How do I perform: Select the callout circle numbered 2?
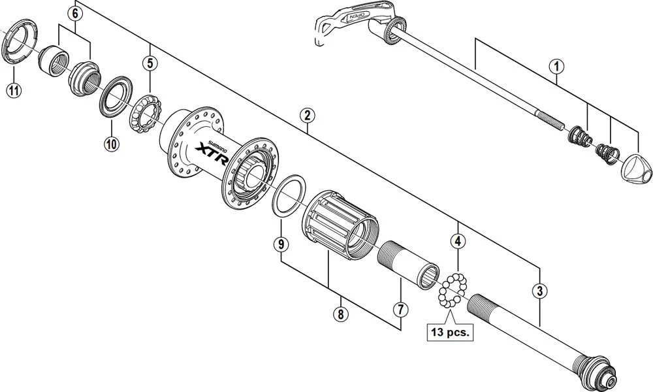[307, 116]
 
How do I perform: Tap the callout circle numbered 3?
[540, 291]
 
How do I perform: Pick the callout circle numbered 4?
[458, 241]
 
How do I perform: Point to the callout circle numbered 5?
[150, 63]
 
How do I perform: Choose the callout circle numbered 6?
[75, 13]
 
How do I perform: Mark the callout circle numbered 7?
[401, 309]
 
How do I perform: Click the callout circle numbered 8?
[341, 314]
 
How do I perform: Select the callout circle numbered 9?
[281, 244]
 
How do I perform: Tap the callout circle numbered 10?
[111, 144]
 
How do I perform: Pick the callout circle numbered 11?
[14, 90]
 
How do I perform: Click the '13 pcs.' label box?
[450, 332]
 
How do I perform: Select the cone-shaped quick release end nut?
[636, 169]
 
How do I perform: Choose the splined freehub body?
[340, 225]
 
